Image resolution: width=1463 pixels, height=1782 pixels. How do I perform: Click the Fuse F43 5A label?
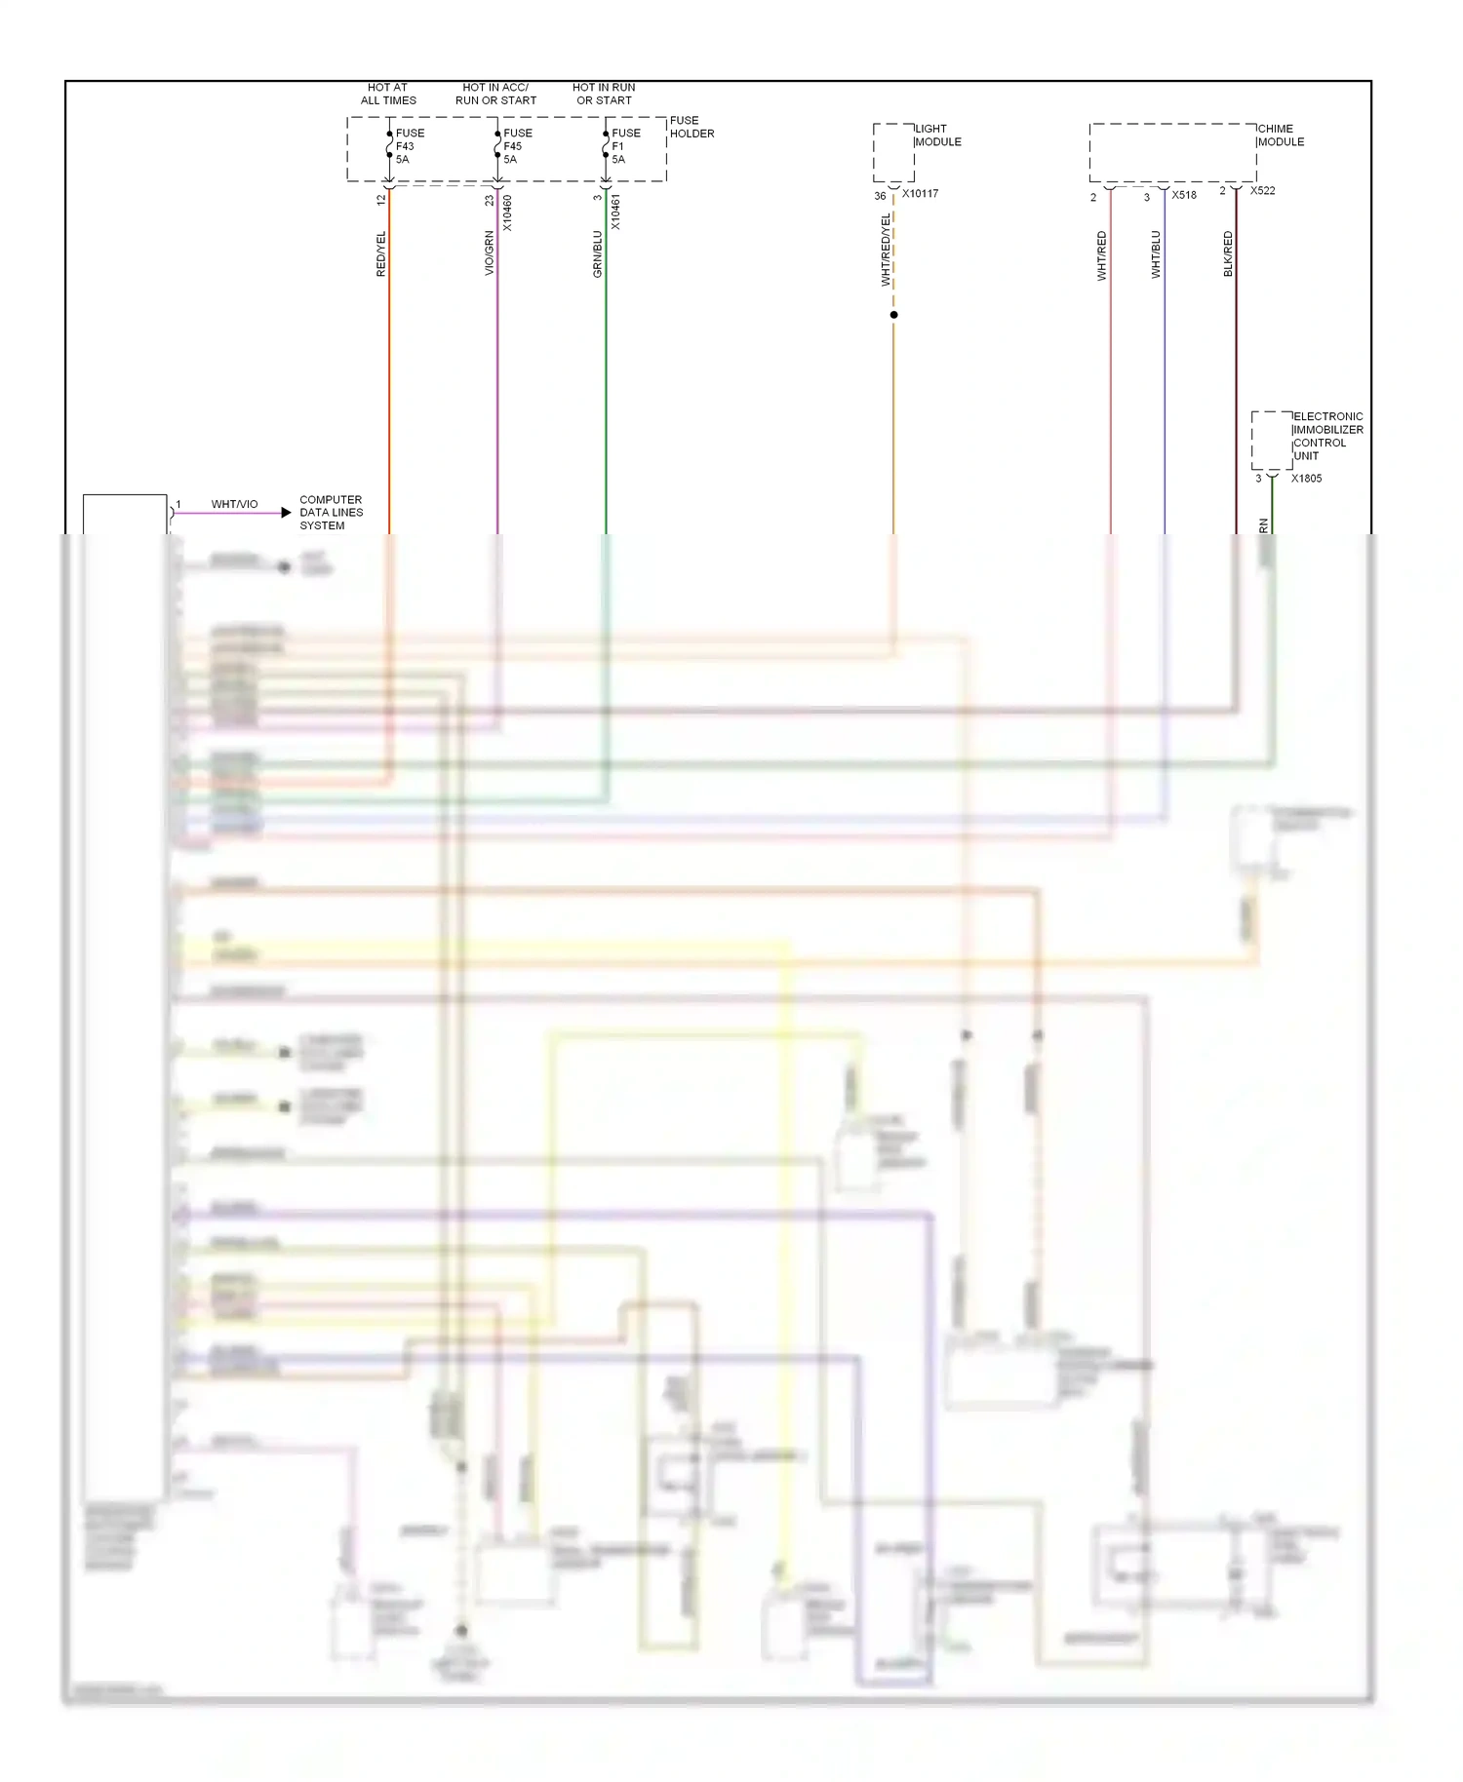[409, 146]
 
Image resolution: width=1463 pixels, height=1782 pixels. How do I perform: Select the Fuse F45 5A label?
[517, 146]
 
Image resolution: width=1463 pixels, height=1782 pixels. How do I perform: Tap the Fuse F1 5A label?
[625, 146]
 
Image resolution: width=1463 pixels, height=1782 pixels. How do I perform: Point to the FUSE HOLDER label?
[692, 127]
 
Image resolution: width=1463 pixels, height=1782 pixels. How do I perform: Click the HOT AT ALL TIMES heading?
[388, 94]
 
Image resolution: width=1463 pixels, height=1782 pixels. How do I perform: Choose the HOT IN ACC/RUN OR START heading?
[495, 94]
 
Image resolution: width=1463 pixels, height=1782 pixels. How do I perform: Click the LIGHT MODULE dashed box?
[893, 152]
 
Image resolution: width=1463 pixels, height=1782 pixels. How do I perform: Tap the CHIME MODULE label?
[1280, 136]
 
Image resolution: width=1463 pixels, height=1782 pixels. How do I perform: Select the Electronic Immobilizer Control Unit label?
[1327, 436]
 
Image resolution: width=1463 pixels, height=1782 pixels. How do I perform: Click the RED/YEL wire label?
[381, 253]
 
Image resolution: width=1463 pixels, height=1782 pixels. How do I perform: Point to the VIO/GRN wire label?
[490, 253]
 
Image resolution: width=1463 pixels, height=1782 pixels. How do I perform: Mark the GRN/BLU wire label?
[598, 253]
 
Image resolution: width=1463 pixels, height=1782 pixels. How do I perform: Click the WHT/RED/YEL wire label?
[886, 251]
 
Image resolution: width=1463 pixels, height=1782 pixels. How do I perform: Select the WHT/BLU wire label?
[1156, 254]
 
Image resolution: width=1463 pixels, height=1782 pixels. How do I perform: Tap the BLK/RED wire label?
[1228, 253]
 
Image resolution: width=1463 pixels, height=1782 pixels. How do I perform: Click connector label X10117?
[920, 194]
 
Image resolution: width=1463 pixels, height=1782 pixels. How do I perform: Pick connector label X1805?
[1306, 479]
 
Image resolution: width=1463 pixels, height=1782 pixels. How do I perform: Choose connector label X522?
[1262, 191]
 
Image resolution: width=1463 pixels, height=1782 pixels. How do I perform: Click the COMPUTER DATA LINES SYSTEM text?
[331, 513]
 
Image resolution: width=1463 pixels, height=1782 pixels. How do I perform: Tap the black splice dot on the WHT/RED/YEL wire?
[893, 315]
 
